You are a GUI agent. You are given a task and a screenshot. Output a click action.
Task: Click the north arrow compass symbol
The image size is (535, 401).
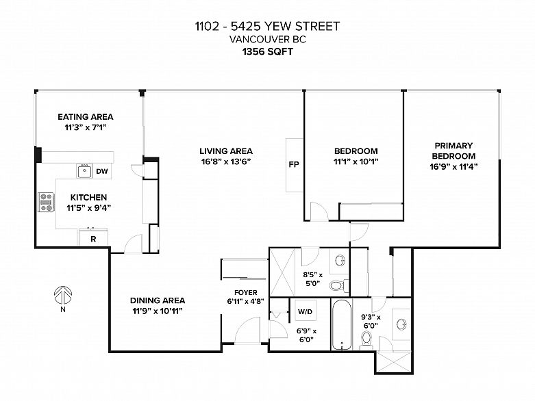63,295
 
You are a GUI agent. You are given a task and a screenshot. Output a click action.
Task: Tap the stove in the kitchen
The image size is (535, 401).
46,202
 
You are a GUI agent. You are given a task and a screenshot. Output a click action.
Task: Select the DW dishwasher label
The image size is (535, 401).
101,171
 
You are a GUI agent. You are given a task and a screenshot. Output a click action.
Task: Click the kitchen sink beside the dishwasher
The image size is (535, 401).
84,171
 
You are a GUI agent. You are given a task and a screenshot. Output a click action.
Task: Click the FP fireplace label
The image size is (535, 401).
294,164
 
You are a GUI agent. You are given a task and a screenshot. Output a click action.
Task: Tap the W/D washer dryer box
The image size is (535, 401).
305,311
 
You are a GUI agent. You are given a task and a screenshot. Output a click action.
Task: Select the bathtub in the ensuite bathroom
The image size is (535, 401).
342,324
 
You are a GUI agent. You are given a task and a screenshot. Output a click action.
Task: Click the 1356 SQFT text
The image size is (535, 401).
268,52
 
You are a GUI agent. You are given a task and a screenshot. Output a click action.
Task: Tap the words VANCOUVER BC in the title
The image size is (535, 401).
268,40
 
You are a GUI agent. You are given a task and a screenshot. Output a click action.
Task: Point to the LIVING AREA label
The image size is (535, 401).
226,151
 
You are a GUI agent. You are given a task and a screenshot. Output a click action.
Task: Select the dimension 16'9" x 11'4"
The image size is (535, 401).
453,166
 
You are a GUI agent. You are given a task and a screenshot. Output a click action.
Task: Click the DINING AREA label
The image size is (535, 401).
158,300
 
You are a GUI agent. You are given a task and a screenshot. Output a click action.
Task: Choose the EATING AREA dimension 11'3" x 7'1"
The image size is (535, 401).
86,127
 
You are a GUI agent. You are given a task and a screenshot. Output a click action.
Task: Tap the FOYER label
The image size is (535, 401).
246,293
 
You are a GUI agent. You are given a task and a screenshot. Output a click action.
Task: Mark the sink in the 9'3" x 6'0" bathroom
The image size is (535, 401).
402,324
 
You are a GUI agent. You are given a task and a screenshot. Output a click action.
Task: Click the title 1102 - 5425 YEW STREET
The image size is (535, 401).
268,26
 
